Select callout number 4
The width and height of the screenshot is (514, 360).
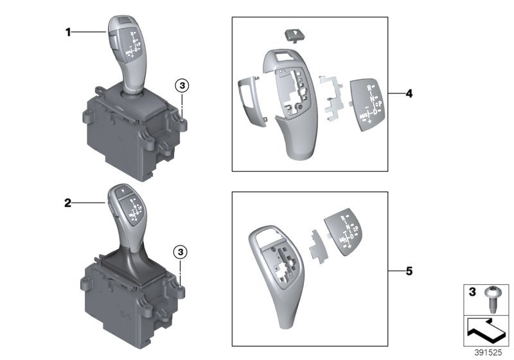pos(409,93)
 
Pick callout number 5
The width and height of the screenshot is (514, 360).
pos(409,271)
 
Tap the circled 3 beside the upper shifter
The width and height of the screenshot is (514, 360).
pos(182,85)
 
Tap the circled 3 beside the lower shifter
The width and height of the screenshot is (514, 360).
pos(182,251)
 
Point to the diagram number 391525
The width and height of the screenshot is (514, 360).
pos(488,354)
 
